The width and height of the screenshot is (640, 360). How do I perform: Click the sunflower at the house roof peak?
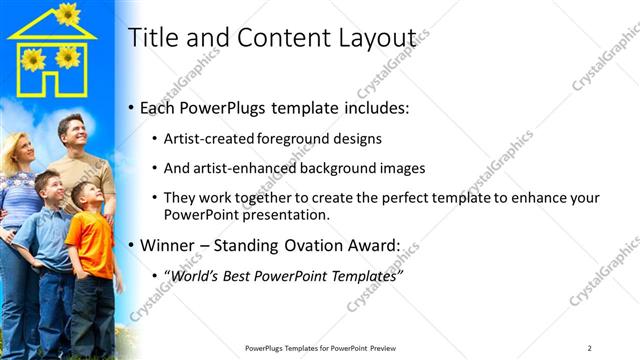point(68,13)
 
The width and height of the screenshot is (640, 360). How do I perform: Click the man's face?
point(71,133)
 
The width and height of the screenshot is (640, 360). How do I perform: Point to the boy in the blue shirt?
point(47,240)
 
